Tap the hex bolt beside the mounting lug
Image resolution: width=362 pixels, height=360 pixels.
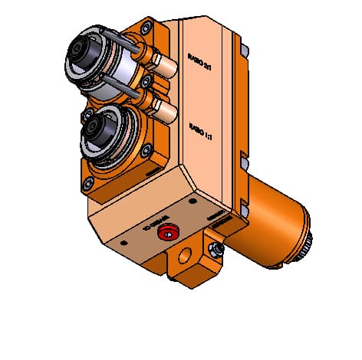218,250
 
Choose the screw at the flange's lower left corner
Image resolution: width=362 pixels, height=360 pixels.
89,182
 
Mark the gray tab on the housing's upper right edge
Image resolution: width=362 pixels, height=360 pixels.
244,50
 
